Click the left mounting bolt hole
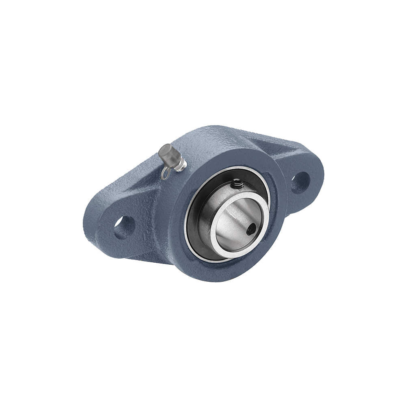click(x=123, y=228)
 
